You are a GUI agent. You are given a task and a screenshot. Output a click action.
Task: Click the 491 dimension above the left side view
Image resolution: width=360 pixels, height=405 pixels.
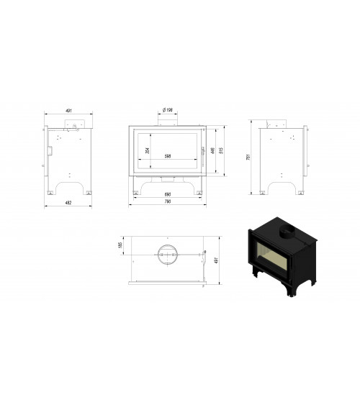coord(69,111)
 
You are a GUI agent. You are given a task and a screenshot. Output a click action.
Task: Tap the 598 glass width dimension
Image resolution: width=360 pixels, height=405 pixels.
coord(168,155)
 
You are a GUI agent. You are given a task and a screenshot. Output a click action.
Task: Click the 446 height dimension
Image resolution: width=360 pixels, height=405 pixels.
coord(213,150)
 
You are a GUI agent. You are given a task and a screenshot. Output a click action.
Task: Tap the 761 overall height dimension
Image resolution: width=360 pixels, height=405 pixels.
coord(247,158)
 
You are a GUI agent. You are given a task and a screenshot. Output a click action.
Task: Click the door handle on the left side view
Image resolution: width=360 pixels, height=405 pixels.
coord(50,150)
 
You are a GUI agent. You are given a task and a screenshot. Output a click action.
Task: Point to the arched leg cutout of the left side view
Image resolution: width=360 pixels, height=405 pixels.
coord(69,188)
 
